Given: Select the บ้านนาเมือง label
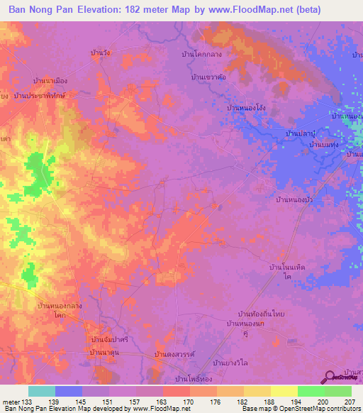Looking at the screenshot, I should [50, 82].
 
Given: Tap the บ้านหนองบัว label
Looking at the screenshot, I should [295, 201].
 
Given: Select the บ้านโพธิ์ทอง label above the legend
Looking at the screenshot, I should [195, 378].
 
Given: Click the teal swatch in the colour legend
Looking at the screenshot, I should [42, 391].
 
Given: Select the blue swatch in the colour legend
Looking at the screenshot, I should [69, 391].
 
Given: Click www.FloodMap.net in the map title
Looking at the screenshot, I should [233, 10].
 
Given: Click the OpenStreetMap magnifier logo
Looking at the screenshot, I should [329, 379].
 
